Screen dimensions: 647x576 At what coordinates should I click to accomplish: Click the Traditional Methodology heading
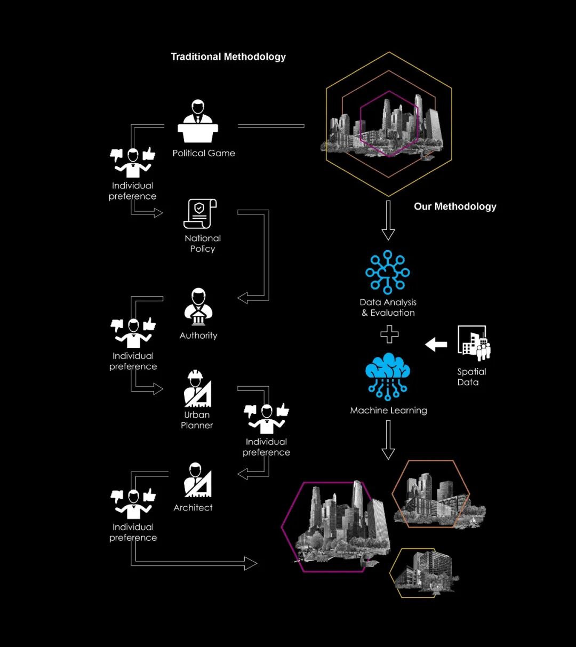tap(228, 57)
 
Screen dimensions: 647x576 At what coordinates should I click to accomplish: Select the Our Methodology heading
tap(455, 206)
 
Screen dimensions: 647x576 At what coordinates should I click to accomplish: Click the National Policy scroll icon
tap(200, 214)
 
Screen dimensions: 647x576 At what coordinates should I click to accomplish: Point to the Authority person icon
tap(198, 307)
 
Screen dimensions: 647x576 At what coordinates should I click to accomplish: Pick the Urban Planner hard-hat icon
tap(197, 388)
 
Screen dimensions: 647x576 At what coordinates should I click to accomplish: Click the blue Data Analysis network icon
tap(388, 272)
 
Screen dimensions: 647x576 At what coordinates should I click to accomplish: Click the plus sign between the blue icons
tap(389, 334)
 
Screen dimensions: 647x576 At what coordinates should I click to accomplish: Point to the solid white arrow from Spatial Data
tap(436, 345)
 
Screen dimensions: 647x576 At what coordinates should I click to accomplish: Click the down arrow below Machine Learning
tap(388, 440)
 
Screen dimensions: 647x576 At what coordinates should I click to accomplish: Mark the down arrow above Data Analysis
tap(388, 220)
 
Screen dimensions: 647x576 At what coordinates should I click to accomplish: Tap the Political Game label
tap(204, 153)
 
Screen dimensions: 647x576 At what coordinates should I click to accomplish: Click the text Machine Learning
tap(388, 410)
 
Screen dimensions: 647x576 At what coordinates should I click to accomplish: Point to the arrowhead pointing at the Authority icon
tap(243, 298)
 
